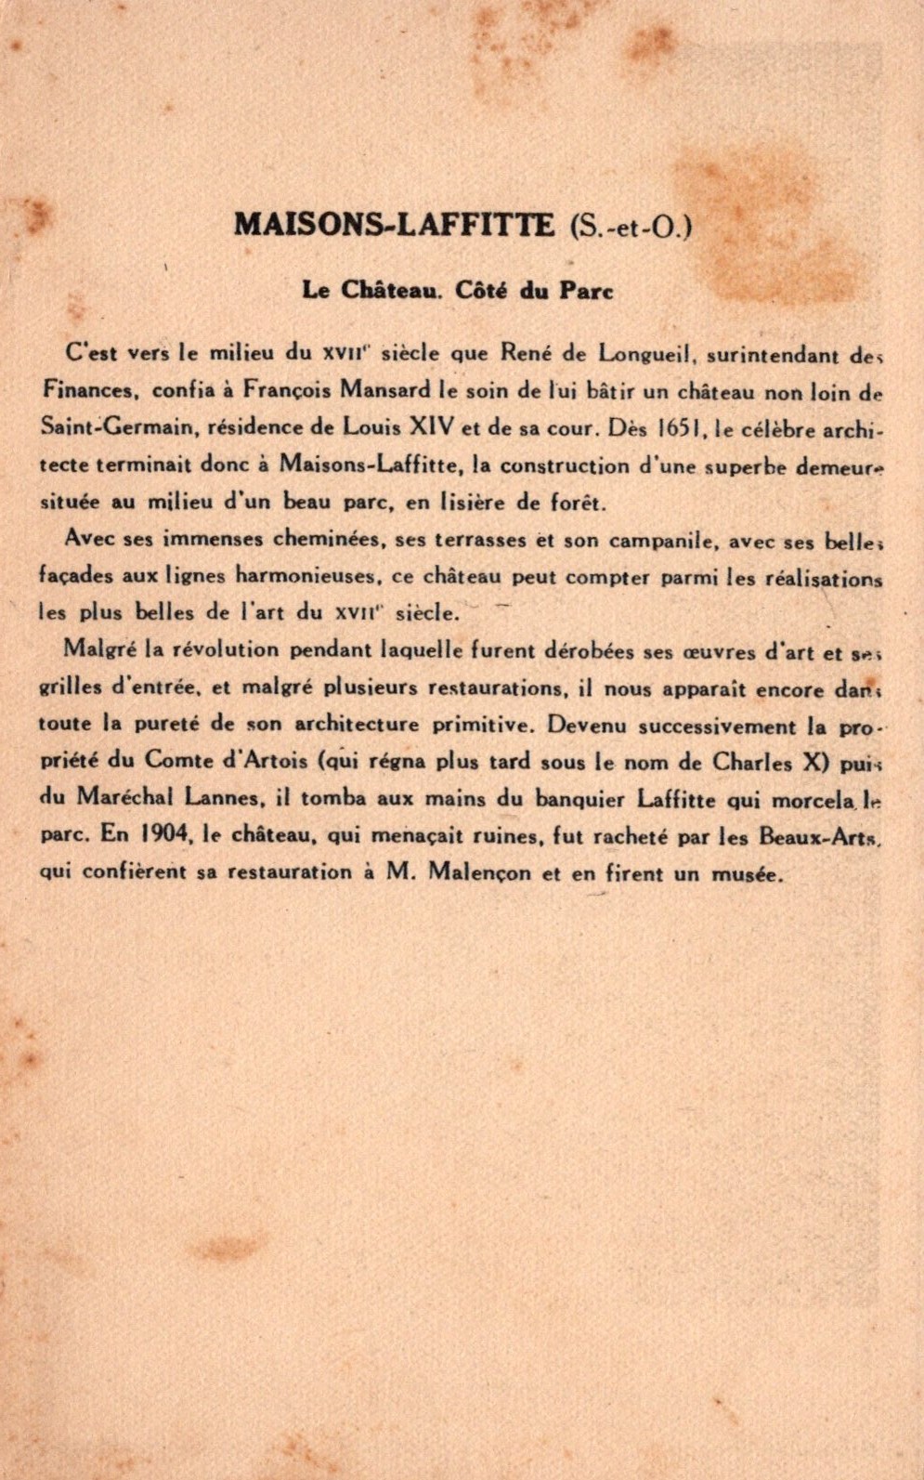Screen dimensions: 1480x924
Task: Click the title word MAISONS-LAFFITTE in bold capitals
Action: (x=394, y=225)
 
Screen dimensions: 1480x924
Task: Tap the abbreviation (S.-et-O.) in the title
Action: (x=631, y=226)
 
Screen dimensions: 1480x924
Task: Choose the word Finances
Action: (x=89, y=390)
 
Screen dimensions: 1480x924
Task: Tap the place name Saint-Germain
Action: (x=116, y=427)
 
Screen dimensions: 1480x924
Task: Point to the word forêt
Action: (x=578, y=504)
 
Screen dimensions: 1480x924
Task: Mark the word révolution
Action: (x=227, y=649)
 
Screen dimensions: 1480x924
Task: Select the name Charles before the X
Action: (x=752, y=763)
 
